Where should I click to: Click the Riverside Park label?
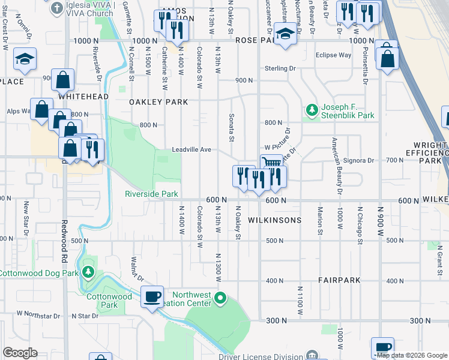pos(151,194)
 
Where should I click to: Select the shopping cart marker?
pos(271,162)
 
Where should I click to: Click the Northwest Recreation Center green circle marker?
pos(221,297)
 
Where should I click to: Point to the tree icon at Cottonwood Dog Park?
pos(88,273)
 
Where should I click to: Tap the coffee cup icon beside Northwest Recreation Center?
pos(152,295)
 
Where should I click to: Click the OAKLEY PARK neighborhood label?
pos(158,102)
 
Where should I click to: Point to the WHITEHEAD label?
pos(83,96)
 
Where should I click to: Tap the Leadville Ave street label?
pos(191,149)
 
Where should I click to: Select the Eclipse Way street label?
pos(333,55)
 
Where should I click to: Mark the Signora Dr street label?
pos(359,160)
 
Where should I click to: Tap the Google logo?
pos(20,353)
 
